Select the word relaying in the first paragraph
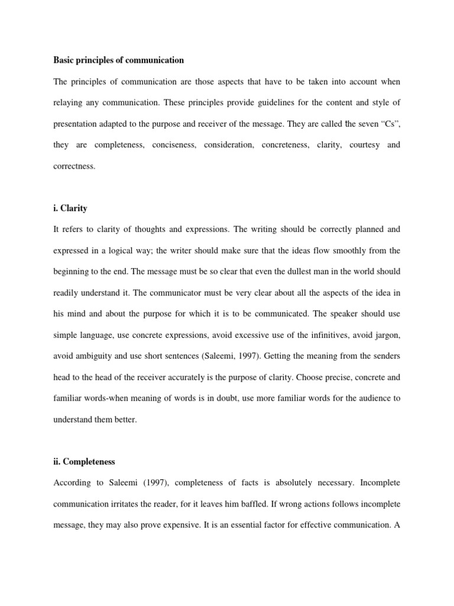tap(70, 102)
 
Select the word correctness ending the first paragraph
tap(74, 166)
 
